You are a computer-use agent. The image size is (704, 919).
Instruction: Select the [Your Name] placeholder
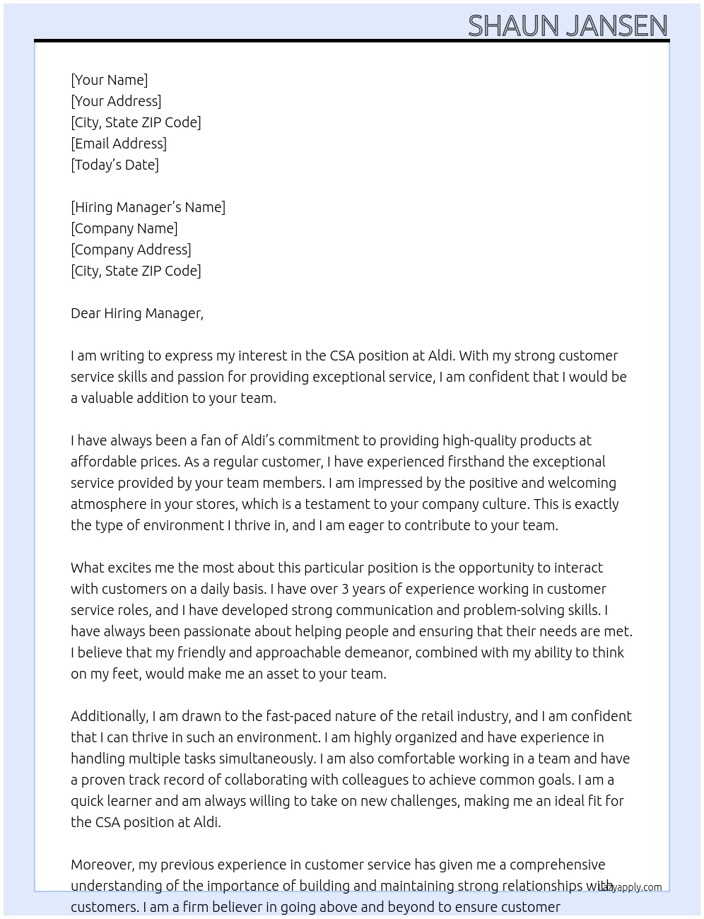point(109,80)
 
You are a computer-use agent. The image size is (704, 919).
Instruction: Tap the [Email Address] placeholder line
point(119,144)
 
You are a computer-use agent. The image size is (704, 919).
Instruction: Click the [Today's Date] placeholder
point(115,165)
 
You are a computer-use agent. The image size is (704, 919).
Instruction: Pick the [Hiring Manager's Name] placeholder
point(148,207)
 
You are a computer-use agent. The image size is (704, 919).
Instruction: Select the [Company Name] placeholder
point(124,228)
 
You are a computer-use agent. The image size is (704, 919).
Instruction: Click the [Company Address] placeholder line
point(131,250)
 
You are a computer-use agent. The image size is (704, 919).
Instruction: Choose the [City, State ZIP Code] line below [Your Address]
point(136,122)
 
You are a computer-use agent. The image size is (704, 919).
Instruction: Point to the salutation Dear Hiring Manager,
point(137,313)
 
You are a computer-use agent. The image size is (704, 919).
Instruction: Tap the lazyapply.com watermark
point(630,887)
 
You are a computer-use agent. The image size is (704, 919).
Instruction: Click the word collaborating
point(270,780)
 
